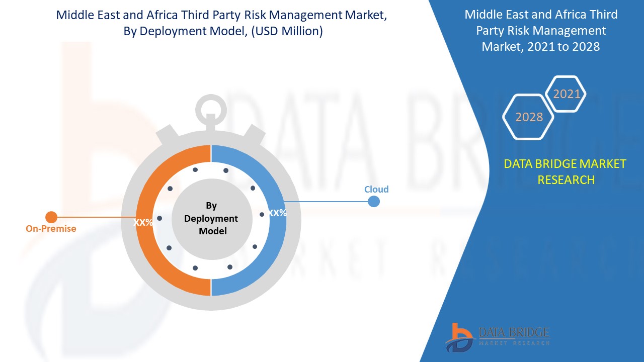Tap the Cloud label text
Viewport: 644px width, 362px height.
point(376,190)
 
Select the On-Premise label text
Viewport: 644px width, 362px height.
point(51,229)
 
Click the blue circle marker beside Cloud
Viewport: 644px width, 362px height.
point(373,202)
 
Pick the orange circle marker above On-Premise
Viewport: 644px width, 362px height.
point(51,217)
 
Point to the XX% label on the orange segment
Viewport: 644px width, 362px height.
point(143,222)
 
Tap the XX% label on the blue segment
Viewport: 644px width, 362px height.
point(277,213)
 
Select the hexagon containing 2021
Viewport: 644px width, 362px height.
point(567,94)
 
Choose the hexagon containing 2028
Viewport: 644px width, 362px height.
point(529,117)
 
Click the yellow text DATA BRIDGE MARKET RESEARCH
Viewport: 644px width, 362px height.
point(566,171)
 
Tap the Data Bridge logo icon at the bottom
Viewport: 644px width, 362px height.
point(459,337)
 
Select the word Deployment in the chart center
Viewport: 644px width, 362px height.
point(211,219)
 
